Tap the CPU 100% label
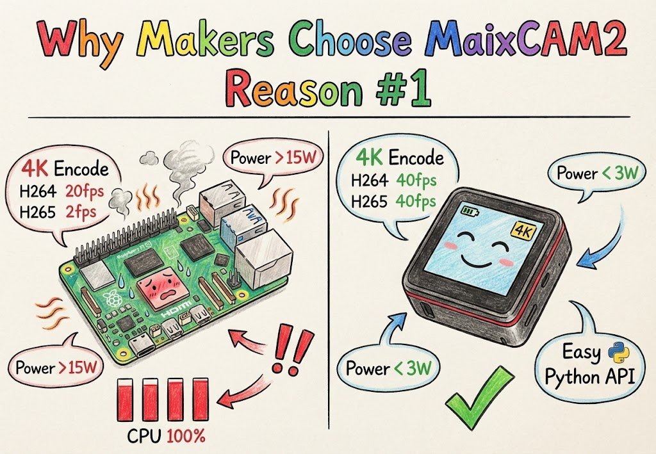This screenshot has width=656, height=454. tap(165, 437)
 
